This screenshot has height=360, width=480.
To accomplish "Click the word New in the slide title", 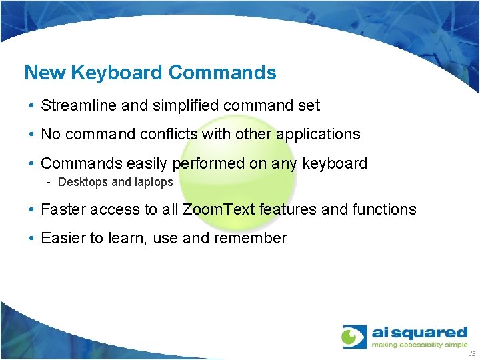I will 44,72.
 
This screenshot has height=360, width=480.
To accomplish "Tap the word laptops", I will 154,182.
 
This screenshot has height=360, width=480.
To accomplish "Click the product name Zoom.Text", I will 219,209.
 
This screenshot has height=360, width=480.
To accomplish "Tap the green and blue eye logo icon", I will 354,336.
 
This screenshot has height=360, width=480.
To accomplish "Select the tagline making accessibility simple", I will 419,345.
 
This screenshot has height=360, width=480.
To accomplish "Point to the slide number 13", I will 472,353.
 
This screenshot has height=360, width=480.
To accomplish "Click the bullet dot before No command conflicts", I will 32,135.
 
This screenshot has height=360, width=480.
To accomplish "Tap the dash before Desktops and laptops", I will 50,182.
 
